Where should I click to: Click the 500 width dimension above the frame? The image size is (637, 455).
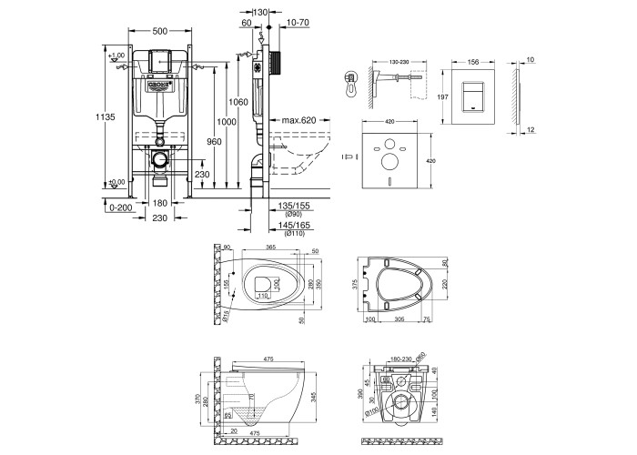pyautogui.click(x=161, y=31)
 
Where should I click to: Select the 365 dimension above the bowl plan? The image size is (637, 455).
pyautogui.click(x=270, y=247)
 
